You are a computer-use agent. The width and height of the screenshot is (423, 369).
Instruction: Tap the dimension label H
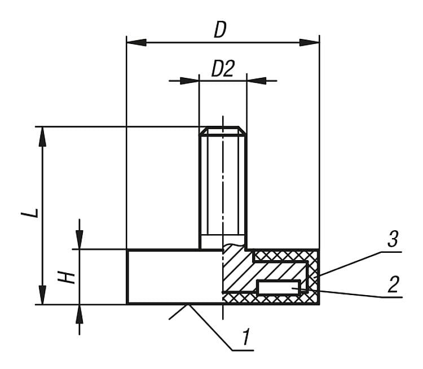pyautogui.click(x=68, y=277)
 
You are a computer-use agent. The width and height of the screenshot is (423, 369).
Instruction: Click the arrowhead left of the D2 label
pyautogui.click(x=191, y=81)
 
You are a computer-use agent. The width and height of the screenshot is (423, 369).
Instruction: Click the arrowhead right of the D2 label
pyautogui.click(x=255, y=81)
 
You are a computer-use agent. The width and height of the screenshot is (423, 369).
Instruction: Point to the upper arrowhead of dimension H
pyautogui.click(x=80, y=239)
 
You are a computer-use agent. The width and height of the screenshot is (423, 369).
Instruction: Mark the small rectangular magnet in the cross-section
pyautogui.click(x=278, y=288)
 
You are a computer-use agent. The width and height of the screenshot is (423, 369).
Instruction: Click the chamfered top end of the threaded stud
pyautogui.click(x=223, y=131)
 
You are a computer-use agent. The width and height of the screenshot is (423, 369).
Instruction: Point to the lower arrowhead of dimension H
pyautogui.click(x=80, y=314)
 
